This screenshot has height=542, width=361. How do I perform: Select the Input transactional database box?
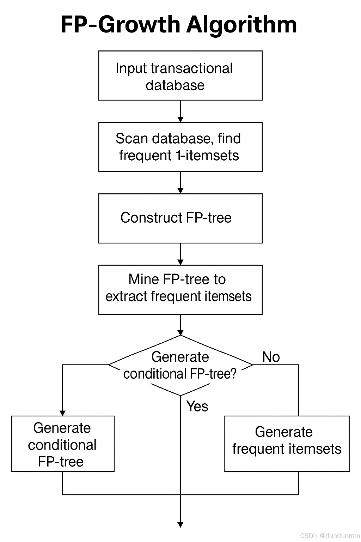pyautogui.click(x=180, y=76)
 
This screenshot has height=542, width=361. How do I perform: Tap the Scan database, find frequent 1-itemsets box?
pyautogui.click(x=180, y=147)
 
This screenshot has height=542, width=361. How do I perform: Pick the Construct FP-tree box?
pyautogui.click(x=180, y=218)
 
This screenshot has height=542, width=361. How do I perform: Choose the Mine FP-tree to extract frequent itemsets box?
pyautogui.click(x=180, y=289)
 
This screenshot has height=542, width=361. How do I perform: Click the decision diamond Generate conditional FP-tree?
pyautogui.click(x=180, y=365)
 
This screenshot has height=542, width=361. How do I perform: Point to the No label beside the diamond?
pyautogui.click(x=271, y=357)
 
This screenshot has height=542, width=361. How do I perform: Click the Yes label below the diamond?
pyautogui.click(x=197, y=406)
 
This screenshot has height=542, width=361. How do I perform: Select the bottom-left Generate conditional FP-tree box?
pyautogui.click(x=63, y=444)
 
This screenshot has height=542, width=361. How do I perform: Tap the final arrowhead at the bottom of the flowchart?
pyautogui.click(x=180, y=524)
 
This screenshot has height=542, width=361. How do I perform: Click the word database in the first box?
pyautogui.click(x=175, y=85)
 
